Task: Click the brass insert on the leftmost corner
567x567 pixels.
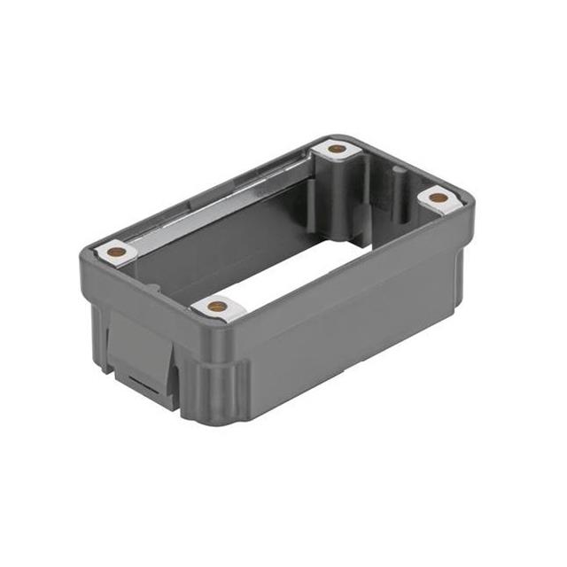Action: (115, 252)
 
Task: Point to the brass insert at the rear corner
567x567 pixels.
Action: (337, 149)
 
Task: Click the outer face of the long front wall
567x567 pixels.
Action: (354, 319)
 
